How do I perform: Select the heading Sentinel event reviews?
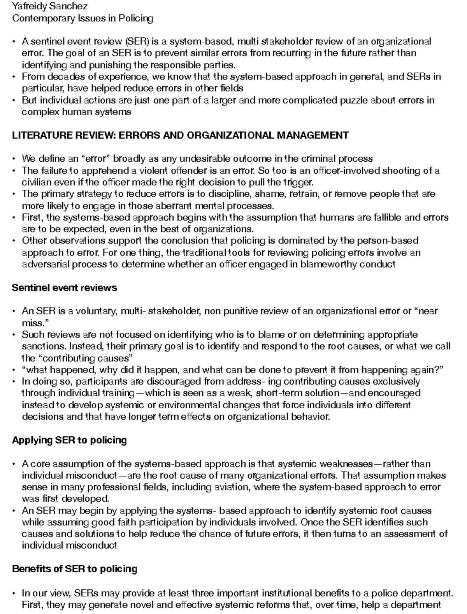tap(64, 288)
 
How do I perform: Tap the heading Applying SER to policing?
tap(69, 440)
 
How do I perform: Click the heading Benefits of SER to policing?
tap(74, 569)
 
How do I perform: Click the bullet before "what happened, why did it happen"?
tap(14, 370)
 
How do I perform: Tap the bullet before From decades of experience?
tap(14, 77)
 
